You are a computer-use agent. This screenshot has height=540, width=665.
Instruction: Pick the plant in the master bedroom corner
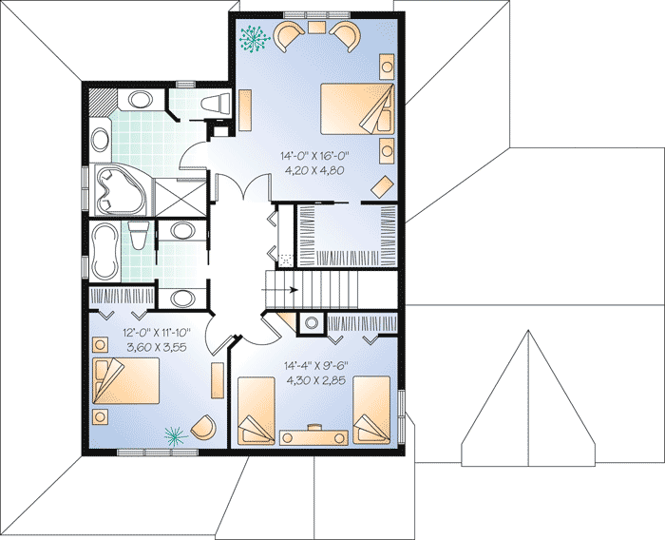254,37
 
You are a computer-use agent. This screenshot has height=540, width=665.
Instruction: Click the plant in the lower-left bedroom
174,435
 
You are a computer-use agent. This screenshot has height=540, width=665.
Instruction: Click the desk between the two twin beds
313,435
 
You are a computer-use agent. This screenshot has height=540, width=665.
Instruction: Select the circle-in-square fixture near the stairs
311,323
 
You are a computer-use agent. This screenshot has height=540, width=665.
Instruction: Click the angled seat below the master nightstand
382,184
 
